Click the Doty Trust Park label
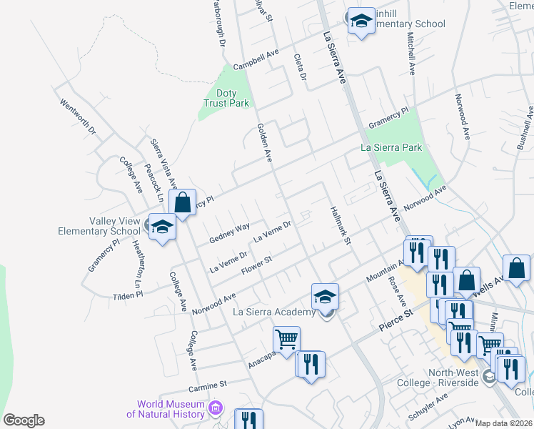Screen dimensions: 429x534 (x=226, y=98)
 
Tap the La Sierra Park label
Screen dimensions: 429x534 (x=391, y=148)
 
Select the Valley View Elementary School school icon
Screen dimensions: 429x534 (x=162, y=227)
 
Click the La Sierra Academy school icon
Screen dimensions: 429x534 (x=325, y=296)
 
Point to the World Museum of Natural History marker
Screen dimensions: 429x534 (x=216, y=408)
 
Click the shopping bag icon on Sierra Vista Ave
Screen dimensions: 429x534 (x=183, y=202)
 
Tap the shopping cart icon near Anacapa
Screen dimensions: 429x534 (x=286, y=339)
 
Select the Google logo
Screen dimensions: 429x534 (x=24, y=420)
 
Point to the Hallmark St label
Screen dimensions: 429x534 (x=341, y=227)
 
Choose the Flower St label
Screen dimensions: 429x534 (x=257, y=265)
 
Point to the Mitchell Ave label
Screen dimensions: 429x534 (x=411, y=53)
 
